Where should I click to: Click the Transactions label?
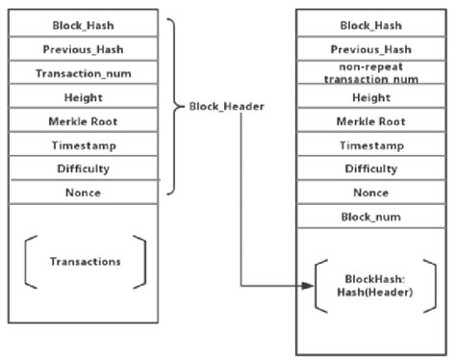86,261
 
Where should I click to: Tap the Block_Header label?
220,108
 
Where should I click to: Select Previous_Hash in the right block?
371,49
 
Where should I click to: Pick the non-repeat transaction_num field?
371,73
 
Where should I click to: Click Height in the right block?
371,97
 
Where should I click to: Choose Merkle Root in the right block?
371,121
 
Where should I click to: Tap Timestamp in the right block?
371,144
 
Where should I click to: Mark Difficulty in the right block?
371,168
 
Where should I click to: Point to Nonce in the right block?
371,193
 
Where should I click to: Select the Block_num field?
371,217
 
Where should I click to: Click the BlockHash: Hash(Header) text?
371,286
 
